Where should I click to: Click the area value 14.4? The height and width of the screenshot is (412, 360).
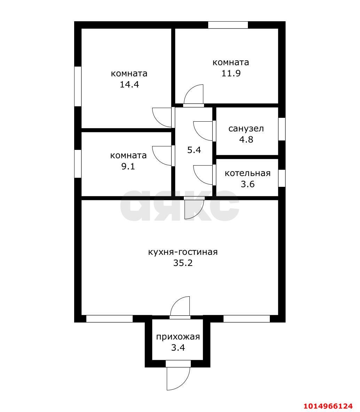129,84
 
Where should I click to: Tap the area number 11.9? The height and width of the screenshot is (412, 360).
231,73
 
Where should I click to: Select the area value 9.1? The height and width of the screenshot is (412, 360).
128,166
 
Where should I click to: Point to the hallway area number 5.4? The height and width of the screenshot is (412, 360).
194,150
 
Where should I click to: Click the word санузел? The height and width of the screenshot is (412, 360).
246,129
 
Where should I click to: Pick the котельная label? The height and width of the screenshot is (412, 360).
248,173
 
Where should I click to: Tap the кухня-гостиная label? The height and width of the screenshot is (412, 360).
183,252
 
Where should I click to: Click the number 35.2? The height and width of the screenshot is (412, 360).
183,263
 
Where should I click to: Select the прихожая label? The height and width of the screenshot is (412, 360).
178,337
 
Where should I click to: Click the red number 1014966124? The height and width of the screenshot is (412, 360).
328,406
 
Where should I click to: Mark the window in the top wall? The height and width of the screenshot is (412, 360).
228,25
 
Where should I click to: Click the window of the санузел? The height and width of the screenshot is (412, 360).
282,129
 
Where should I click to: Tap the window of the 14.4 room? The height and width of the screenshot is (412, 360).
78,86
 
